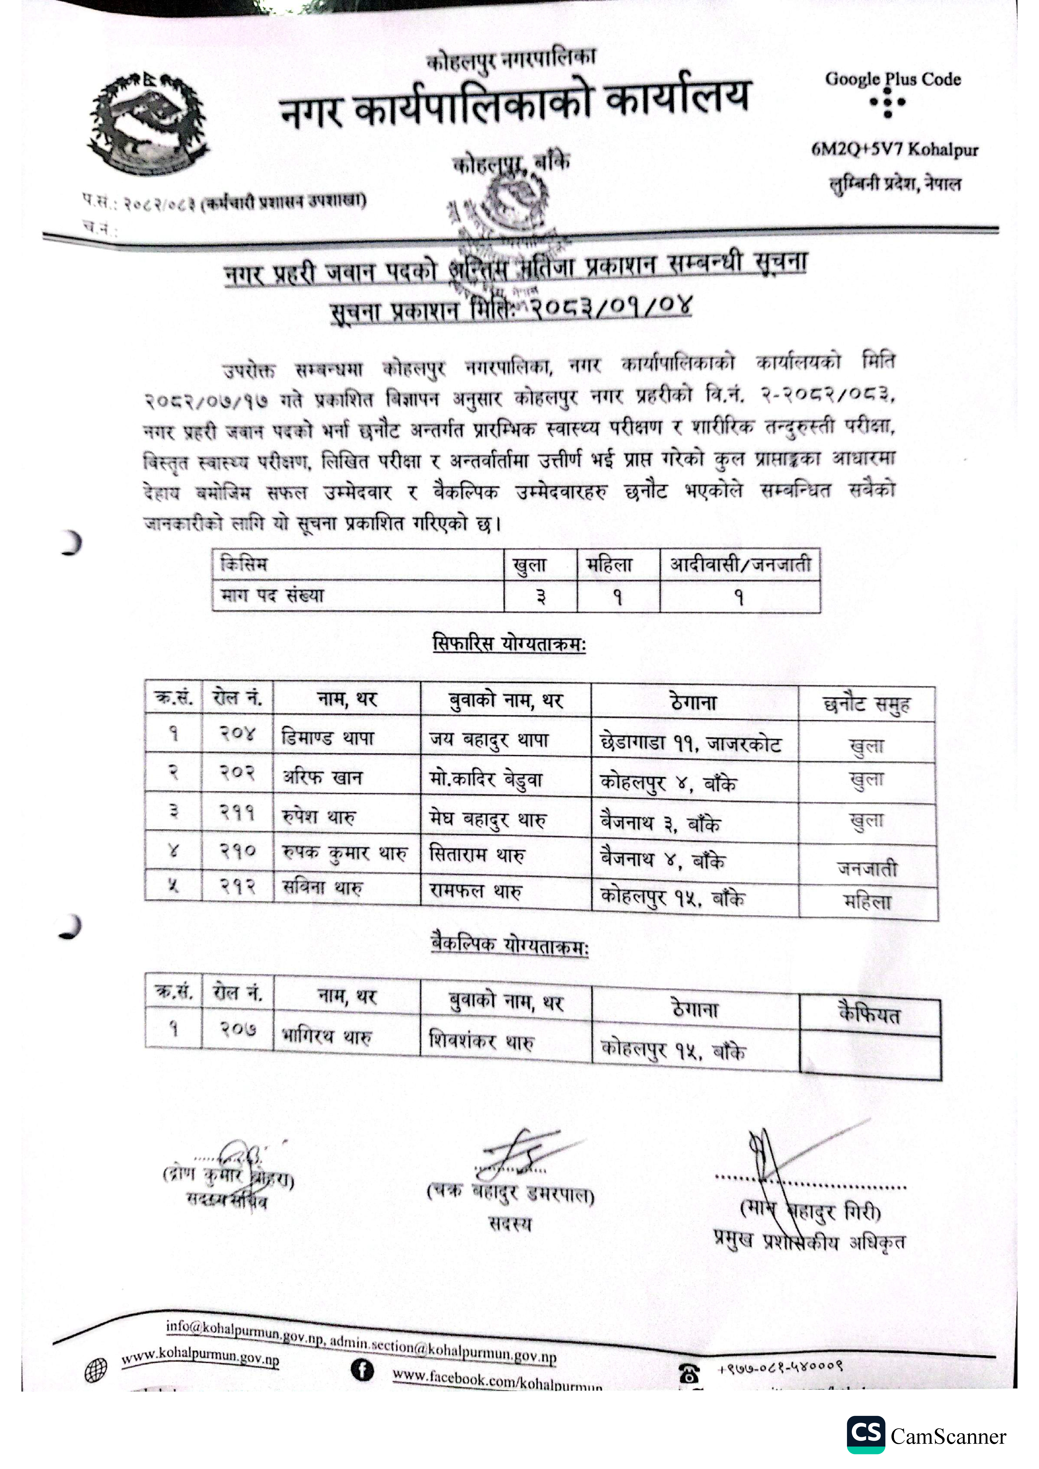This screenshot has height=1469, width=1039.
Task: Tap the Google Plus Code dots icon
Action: tap(887, 102)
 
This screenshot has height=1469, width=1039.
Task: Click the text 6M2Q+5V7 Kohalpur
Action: tap(894, 150)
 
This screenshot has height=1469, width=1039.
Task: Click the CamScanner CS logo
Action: tap(866, 1435)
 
